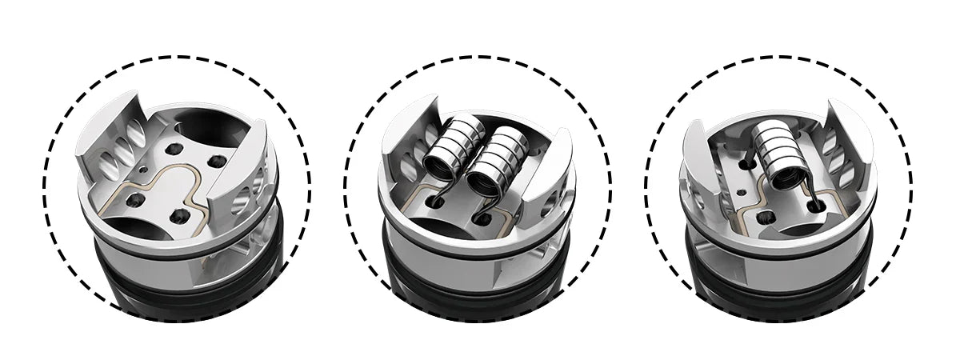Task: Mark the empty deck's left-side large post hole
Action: click(x=135, y=195)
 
